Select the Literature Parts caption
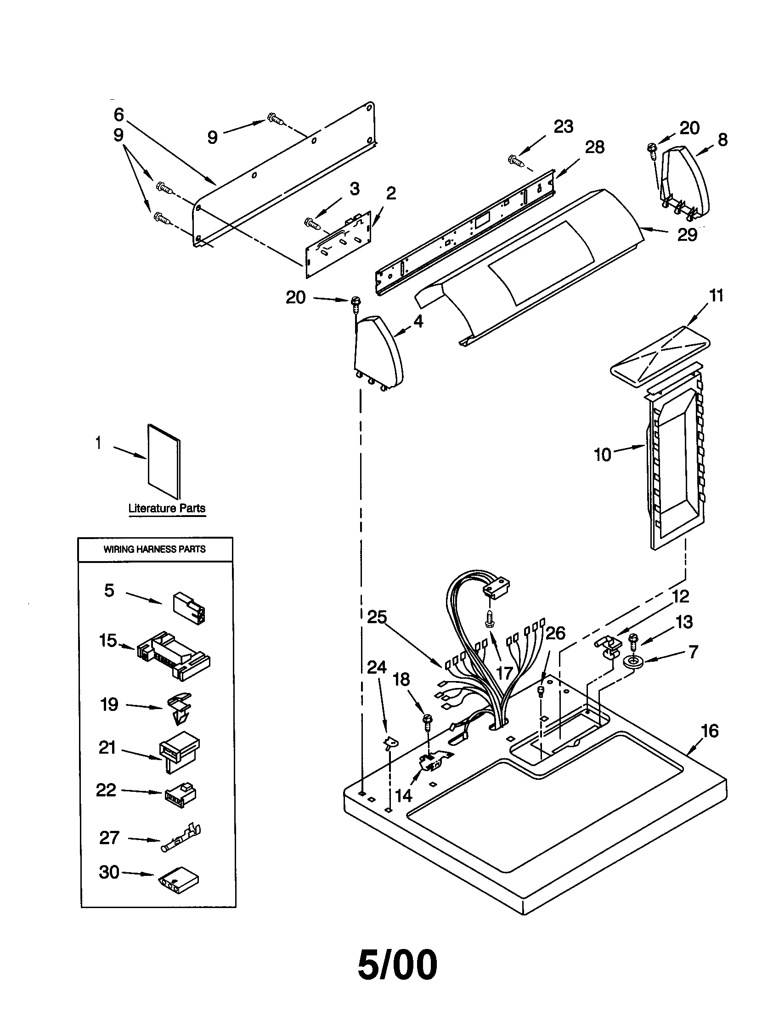[167, 508]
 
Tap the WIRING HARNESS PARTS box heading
[154, 549]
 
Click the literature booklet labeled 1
[164, 461]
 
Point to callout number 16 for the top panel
[710, 731]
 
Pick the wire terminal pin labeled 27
[181, 839]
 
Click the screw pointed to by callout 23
[516, 161]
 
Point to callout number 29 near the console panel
[687, 235]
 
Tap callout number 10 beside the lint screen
[603, 454]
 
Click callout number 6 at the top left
[119, 114]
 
